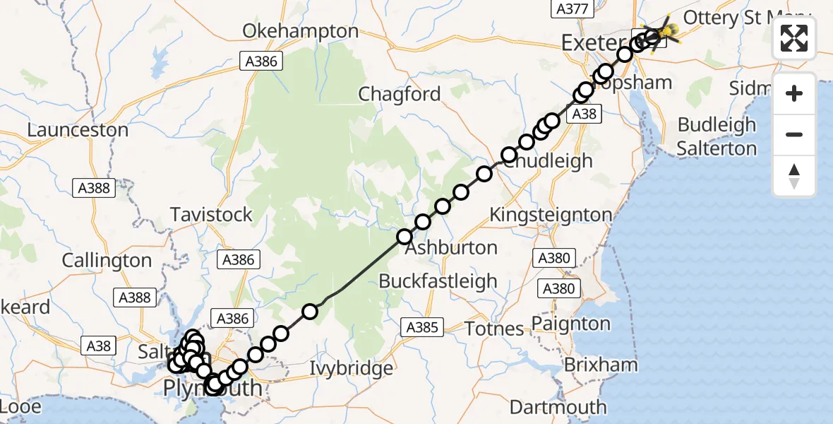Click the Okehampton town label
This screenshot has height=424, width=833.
[x=301, y=31]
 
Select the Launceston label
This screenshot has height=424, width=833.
[x=78, y=130]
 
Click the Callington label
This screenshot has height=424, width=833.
[x=107, y=260]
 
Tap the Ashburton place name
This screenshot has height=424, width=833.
[x=450, y=248]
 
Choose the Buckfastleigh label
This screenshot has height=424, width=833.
[x=438, y=281]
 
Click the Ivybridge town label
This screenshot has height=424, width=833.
[x=352, y=368]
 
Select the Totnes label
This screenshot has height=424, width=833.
[x=494, y=329]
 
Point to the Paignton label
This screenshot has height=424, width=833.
[x=570, y=324]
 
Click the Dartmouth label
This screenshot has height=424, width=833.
[x=558, y=407]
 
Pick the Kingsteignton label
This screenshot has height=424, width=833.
[x=551, y=214]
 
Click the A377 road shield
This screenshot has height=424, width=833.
[x=570, y=8]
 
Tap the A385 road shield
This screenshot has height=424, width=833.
[x=423, y=327]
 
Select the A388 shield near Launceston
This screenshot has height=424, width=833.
[x=93, y=188]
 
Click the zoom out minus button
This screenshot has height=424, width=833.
[x=794, y=134]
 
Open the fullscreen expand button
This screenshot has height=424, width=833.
[x=794, y=39]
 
